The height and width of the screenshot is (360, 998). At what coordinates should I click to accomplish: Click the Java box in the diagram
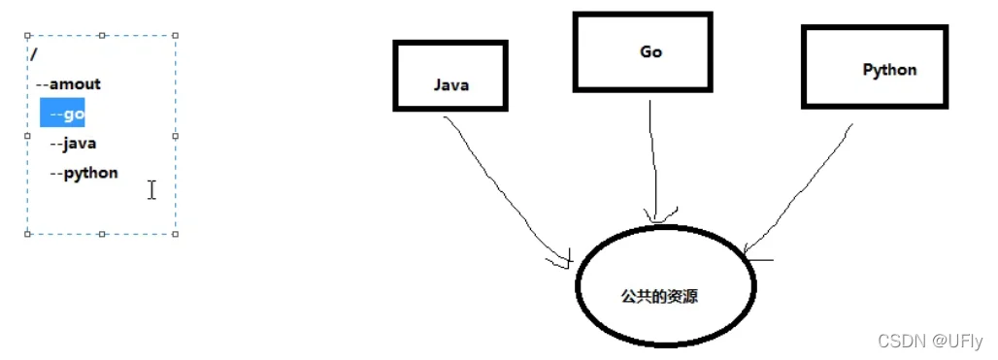pos(450,75)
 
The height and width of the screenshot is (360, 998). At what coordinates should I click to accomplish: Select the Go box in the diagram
pos(643,51)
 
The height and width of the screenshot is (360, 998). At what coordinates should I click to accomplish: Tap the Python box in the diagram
pos(875,66)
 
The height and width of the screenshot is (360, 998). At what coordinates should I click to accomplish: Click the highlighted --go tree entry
pos(63,115)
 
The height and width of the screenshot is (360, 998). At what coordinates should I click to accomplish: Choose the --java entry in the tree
pos(73,144)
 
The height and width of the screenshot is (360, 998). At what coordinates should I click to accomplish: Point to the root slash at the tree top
pos(33,54)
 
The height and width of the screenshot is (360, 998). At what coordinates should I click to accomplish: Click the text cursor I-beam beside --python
pos(151,190)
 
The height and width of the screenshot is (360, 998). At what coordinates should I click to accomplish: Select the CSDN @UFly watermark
pos(930,341)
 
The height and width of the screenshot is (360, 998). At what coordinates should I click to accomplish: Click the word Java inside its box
pos(451,85)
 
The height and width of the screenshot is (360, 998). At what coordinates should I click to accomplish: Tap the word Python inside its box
pos(889,70)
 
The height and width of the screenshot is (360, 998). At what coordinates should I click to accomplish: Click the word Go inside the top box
pos(650,51)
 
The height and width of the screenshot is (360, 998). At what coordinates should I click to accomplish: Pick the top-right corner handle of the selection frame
pos(176,35)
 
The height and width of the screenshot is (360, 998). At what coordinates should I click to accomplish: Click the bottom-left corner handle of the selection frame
pos(28,234)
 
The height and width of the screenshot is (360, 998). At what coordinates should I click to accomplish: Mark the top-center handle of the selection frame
pos(102,35)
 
